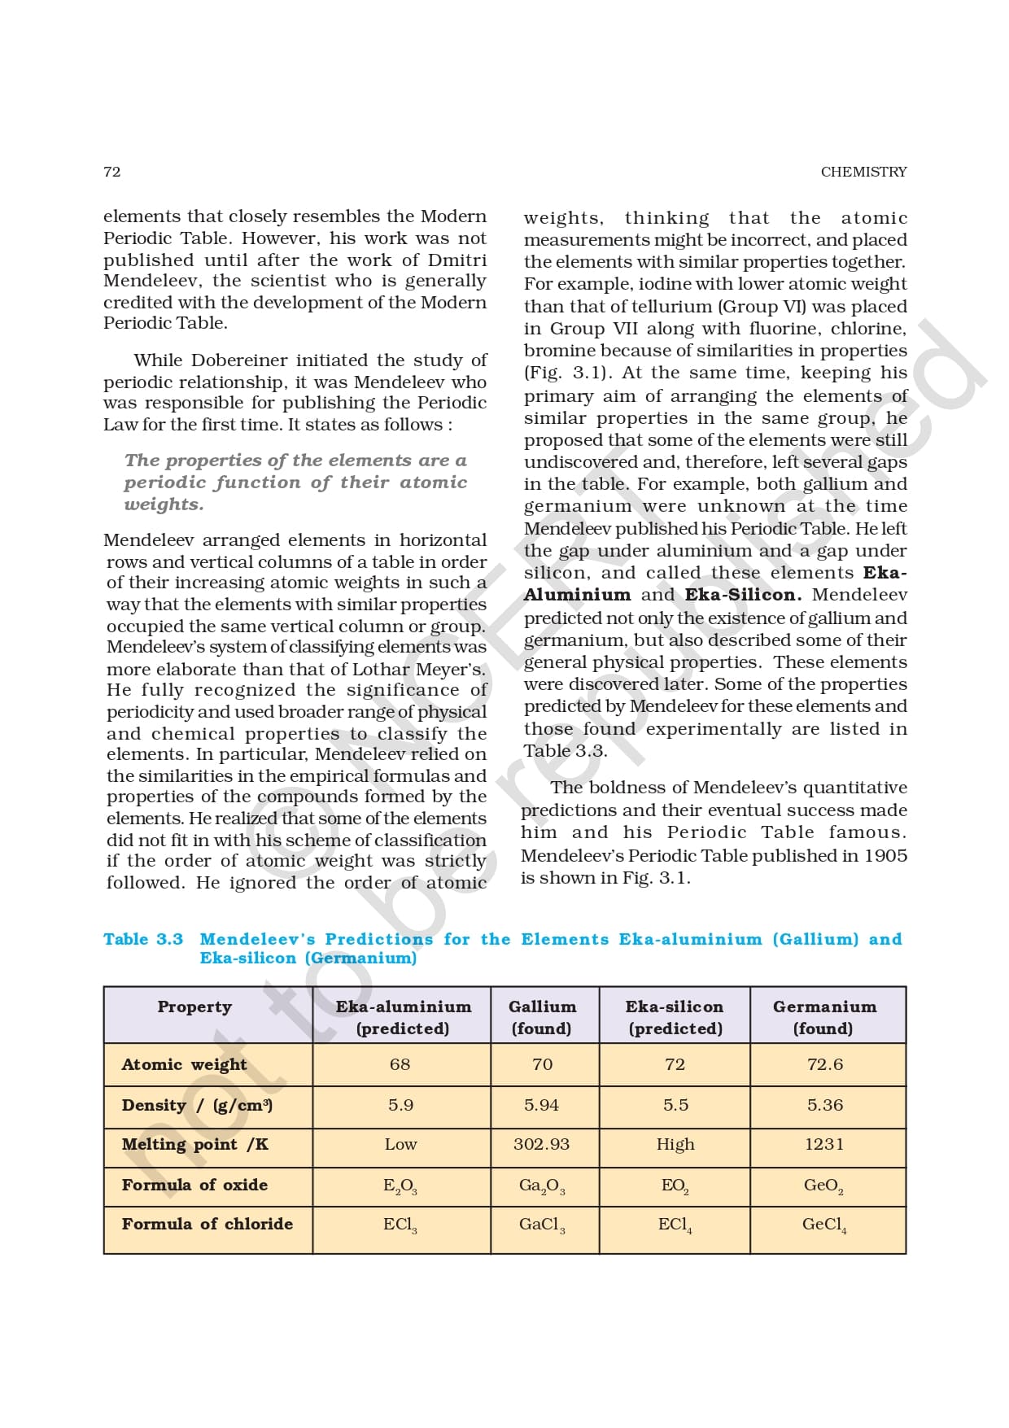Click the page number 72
coord(112,172)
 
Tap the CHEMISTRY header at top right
coord(863,172)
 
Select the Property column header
coord(194,1007)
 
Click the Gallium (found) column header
coord(542,1017)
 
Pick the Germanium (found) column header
coord(824,1017)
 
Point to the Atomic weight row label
coord(184,1064)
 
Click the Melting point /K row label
coord(194,1144)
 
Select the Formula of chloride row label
coord(207,1224)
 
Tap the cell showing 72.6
coord(824,1064)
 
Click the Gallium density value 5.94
coord(542,1105)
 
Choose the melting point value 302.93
coord(541,1144)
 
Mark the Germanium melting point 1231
coord(824,1144)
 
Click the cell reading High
coord(675,1144)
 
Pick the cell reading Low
coord(400,1144)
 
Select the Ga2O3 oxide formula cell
coord(542,1186)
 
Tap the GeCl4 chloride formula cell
coord(824,1225)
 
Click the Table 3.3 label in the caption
coord(143,939)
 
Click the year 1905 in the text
coord(885,855)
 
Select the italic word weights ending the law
coord(164,504)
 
